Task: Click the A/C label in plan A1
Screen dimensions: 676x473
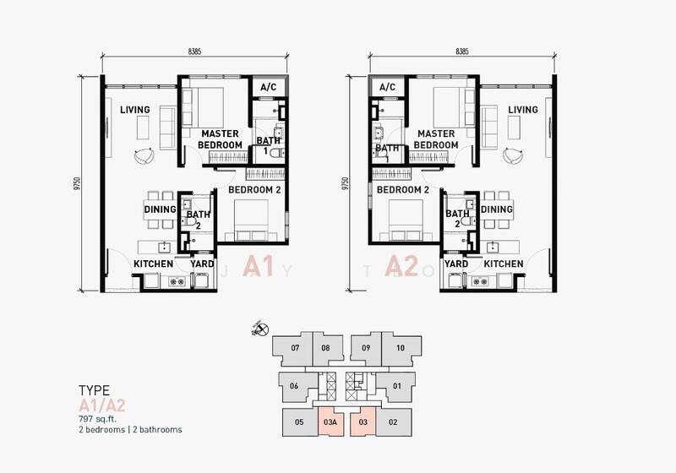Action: pyautogui.click(x=268, y=88)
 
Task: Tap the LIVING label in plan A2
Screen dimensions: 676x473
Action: pyautogui.click(x=523, y=110)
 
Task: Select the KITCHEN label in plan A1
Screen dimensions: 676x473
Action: pyautogui.click(x=153, y=264)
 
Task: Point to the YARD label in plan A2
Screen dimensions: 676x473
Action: pyautogui.click(x=456, y=264)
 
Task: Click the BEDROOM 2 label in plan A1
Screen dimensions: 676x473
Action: pyautogui.click(x=254, y=189)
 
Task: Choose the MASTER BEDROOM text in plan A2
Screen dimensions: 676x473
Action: pyautogui.click(x=436, y=139)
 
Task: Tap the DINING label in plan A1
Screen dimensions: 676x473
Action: pyautogui.click(x=160, y=209)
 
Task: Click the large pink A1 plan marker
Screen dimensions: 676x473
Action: pyautogui.click(x=259, y=266)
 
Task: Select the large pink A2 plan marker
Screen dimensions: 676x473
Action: pyautogui.click(x=402, y=266)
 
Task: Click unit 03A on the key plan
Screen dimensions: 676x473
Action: pyautogui.click(x=330, y=422)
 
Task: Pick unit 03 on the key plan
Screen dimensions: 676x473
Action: pyautogui.click(x=363, y=422)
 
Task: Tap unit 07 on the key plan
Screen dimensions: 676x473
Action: pyautogui.click(x=295, y=348)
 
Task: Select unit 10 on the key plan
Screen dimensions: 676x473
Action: pyautogui.click(x=400, y=348)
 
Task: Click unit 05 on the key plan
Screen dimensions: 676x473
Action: pyautogui.click(x=299, y=422)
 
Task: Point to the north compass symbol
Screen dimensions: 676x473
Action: pyautogui.click(x=261, y=329)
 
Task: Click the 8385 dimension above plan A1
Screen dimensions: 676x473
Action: pyautogui.click(x=194, y=52)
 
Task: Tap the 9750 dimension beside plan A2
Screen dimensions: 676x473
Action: pyautogui.click(x=344, y=183)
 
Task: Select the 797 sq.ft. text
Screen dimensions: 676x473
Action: pyautogui.click(x=98, y=419)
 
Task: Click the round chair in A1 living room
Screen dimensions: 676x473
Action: pyautogui.click(x=144, y=156)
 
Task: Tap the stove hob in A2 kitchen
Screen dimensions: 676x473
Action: pyautogui.click(x=477, y=282)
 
